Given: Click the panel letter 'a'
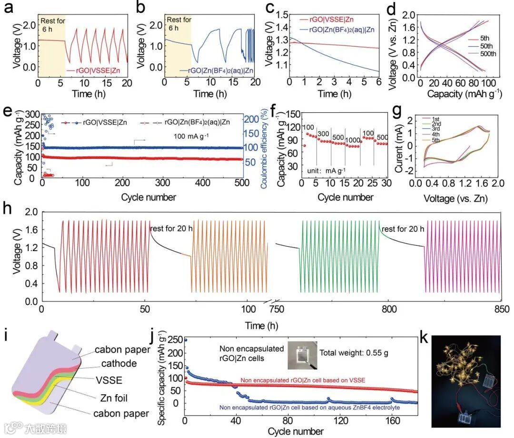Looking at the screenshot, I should click(7, 8).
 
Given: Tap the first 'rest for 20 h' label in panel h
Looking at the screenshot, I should click(171, 229).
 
